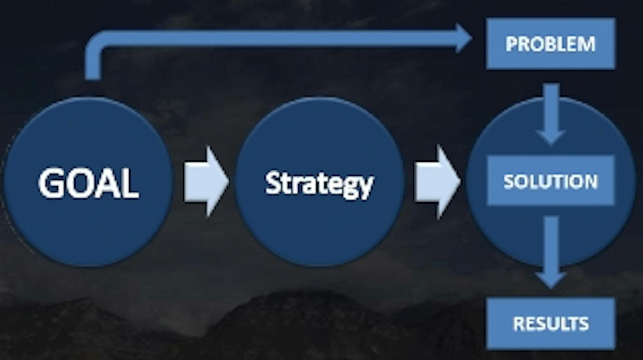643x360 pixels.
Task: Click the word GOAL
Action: click(x=88, y=182)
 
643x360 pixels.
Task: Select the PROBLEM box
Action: click(x=550, y=44)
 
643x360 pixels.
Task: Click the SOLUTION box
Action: click(x=550, y=181)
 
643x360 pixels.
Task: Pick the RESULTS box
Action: click(x=550, y=324)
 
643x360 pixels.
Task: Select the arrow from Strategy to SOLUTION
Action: click(x=438, y=181)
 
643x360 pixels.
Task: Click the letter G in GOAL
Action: click(x=51, y=182)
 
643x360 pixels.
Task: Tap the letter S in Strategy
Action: click(x=273, y=183)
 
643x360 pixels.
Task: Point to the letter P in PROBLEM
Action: click(x=512, y=44)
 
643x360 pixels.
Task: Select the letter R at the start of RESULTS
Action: click(x=519, y=324)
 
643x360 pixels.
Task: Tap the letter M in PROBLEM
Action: click(x=586, y=44)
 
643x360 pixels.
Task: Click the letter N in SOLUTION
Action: click(x=590, y=181)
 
